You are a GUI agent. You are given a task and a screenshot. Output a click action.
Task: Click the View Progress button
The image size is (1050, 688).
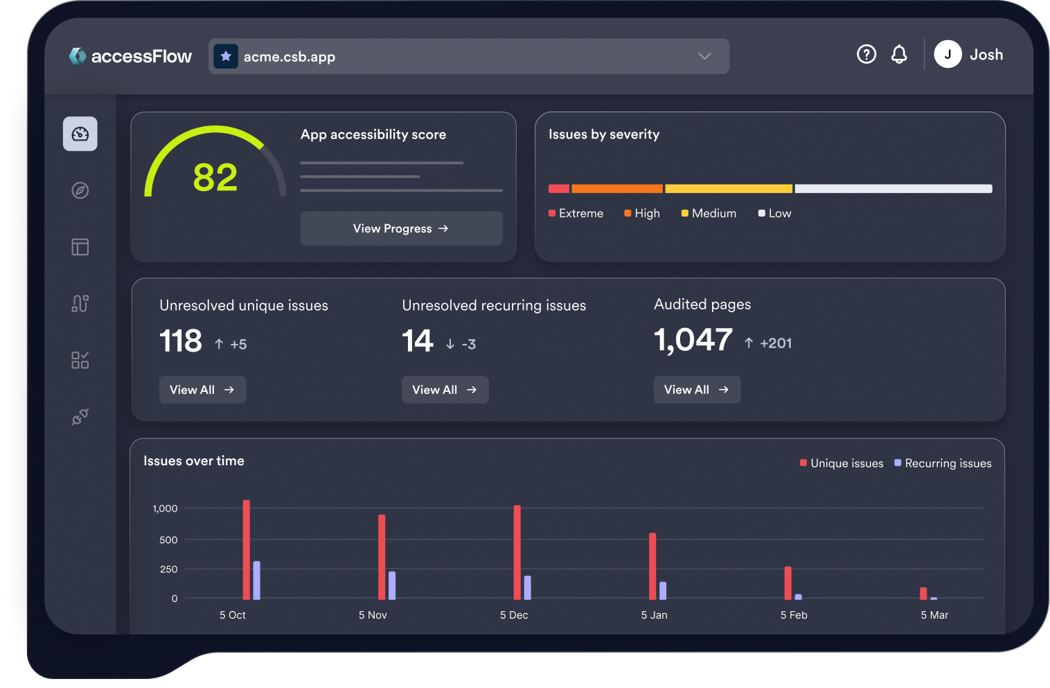401,228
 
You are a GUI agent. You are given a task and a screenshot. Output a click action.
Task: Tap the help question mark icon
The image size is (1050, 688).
866,54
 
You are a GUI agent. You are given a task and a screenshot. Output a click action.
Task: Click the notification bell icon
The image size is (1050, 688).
899,54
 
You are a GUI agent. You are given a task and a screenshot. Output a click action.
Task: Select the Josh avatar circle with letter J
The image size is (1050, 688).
947,54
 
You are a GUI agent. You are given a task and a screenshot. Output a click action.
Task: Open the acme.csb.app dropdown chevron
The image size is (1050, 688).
704,56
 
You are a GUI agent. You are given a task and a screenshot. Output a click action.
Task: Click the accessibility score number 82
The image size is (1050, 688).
215,177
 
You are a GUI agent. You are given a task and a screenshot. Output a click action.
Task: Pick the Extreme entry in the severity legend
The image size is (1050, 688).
576,213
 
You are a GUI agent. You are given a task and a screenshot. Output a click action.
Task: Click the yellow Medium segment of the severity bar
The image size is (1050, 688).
729,189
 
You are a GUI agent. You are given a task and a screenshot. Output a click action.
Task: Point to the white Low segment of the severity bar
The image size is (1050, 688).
893,189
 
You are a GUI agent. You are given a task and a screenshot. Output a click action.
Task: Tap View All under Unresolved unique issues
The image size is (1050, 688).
202,390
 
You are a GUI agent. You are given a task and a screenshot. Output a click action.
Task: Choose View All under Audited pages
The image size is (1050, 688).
697,390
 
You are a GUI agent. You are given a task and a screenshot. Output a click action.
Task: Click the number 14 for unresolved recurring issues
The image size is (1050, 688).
418,341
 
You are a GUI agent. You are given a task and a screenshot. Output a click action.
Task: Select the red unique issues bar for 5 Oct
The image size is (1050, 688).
247,550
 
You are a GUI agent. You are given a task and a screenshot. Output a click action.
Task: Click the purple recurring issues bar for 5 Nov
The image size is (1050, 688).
392,586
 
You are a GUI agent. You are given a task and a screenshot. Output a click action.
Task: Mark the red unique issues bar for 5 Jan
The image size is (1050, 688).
652,566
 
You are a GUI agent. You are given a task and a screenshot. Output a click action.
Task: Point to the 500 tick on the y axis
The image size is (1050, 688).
168,540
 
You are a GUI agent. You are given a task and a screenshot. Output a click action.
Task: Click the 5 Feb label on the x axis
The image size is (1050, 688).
794,615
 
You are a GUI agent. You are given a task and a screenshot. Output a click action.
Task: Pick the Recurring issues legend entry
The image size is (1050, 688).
943,463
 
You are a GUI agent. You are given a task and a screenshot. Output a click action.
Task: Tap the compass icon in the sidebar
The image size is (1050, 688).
80,190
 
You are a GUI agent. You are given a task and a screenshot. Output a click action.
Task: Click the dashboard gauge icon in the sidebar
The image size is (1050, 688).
80,134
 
